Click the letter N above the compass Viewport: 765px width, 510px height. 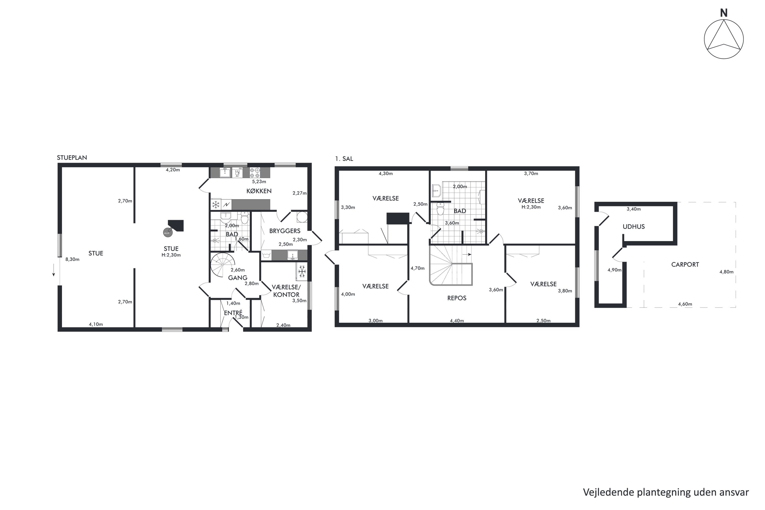[723, 13]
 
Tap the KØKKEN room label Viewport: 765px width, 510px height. [259, 191]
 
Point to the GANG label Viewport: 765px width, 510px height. [237, 277]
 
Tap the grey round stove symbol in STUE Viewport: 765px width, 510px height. [167, 233]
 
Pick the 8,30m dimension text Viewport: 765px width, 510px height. [72, 259]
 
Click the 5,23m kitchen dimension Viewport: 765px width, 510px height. [259, 182]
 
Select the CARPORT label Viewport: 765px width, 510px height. [685, 264]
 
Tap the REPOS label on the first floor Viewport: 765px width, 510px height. [457, 298]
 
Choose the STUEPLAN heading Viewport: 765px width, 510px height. [72, 157]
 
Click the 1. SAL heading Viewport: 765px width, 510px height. [344, 159]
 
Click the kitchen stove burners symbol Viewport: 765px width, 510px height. [255, 172]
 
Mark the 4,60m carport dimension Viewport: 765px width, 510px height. [685, 304]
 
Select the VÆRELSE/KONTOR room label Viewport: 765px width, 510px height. [286, 291]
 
